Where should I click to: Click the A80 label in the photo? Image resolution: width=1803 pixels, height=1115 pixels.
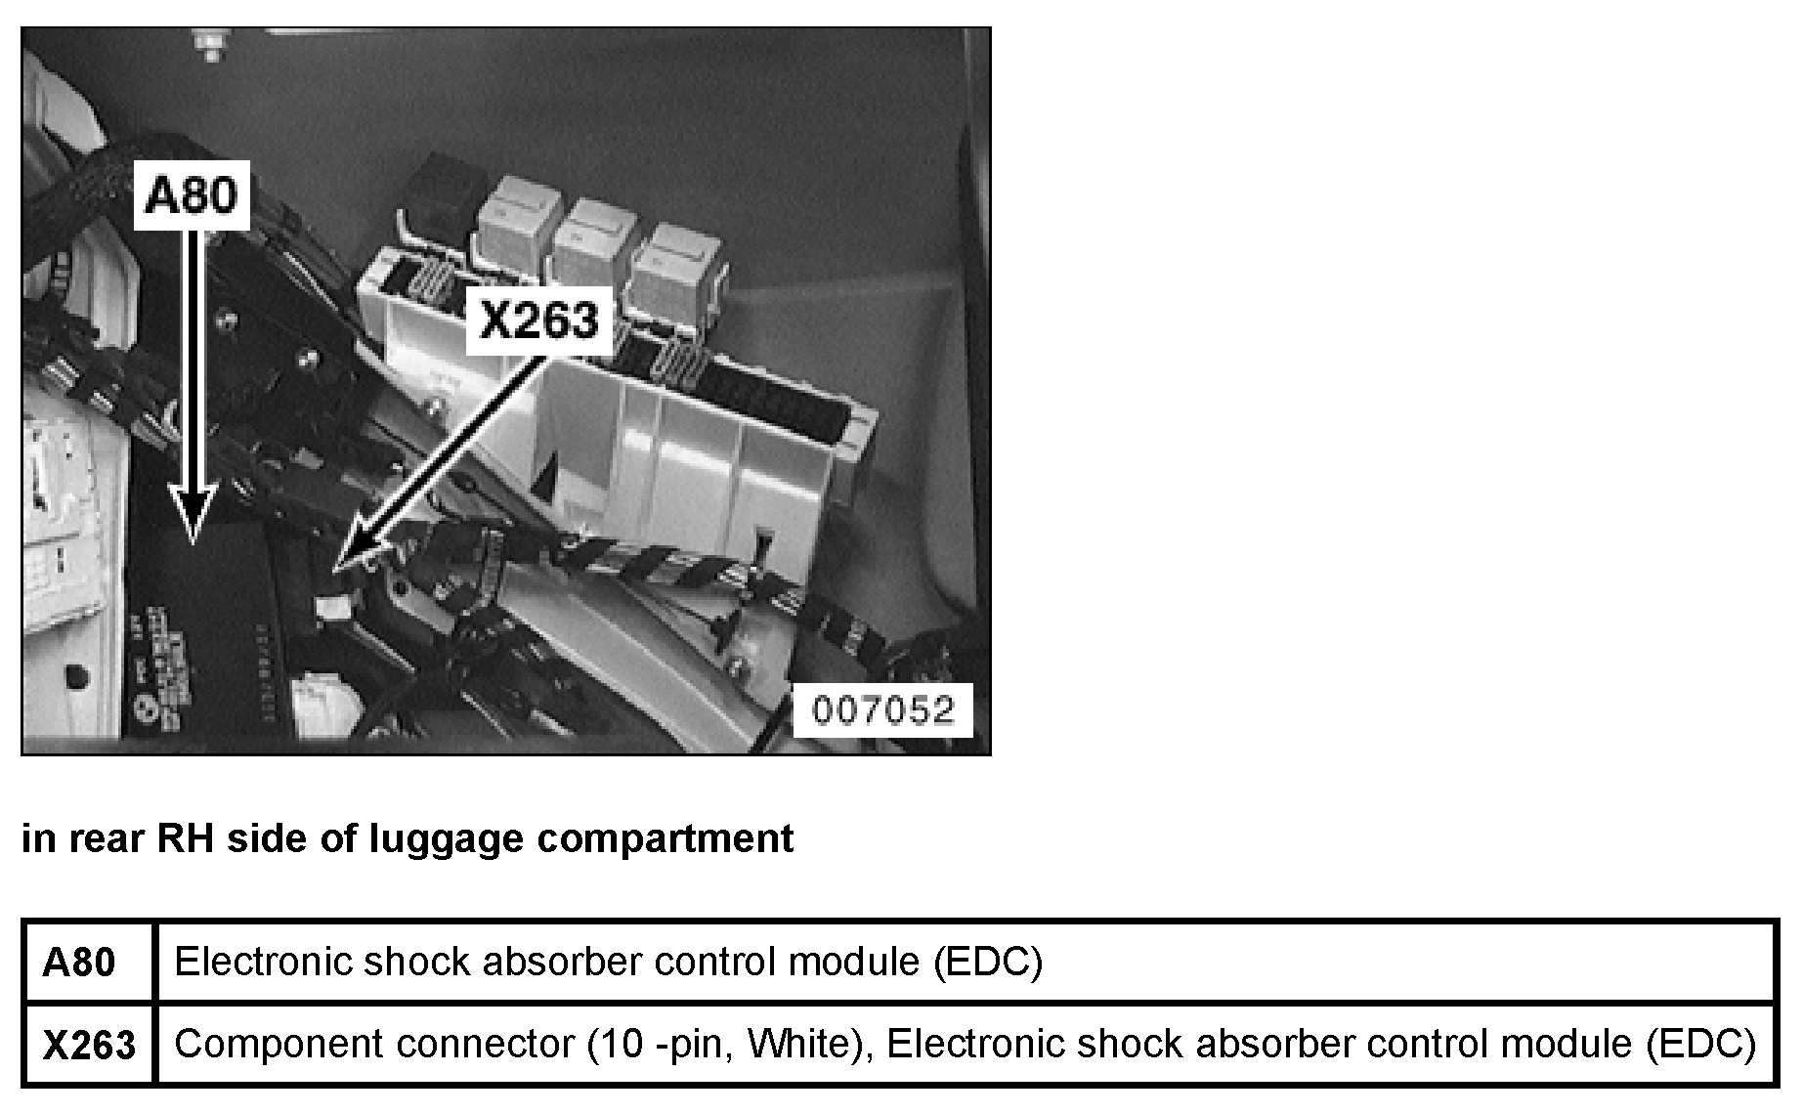192,196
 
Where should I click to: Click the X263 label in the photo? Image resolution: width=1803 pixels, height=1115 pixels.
539,319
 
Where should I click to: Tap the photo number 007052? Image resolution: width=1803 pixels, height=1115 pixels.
882,709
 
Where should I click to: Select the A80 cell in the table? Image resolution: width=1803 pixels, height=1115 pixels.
78,963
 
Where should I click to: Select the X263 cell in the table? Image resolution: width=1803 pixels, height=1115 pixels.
89,1045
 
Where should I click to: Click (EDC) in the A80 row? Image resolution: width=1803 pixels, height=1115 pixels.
988,963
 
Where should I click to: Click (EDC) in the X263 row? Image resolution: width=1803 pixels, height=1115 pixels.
1701,1044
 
